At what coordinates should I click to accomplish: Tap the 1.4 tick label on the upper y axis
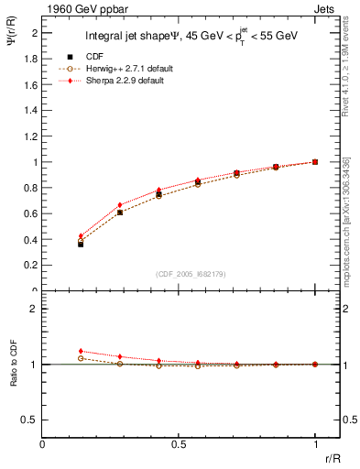(x=33, y=110)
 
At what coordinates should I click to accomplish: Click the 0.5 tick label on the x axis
(x=180, y=443)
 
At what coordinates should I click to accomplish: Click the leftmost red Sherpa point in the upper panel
(x=81, y=236)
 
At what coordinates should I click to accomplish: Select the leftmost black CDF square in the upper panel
(x=81, y=245)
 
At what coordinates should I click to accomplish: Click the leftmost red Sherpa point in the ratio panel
(x=81, y=351)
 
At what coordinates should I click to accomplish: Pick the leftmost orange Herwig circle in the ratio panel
(x=81, y=358)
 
